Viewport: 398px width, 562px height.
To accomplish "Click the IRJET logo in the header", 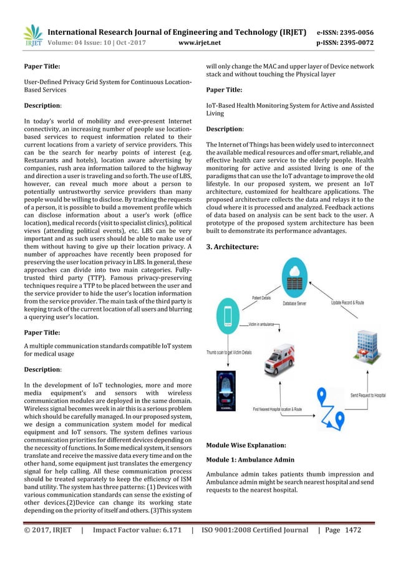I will coord(32,35).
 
